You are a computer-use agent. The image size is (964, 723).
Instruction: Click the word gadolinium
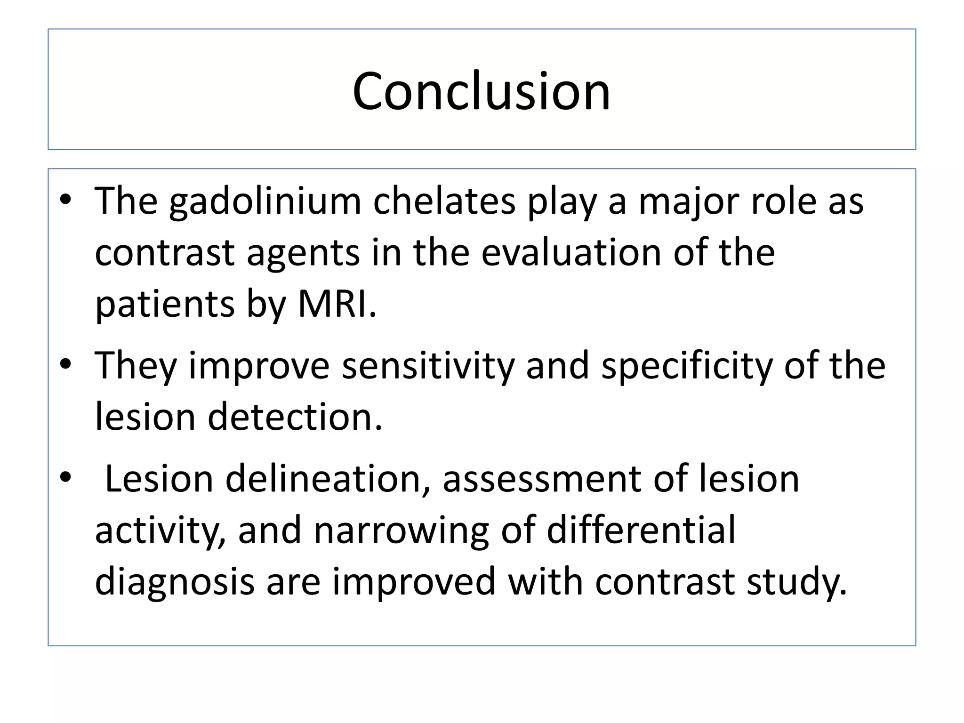(x=265, y=202)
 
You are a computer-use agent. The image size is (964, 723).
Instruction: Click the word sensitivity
(x=428, y=366)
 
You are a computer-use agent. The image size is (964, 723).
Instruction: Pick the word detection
(x=295, y=417)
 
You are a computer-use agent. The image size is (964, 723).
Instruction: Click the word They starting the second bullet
(x=135, y=366)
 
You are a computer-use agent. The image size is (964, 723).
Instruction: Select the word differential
(x=641, y=530)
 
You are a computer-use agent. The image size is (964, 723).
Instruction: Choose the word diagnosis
(x=175, y=582)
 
